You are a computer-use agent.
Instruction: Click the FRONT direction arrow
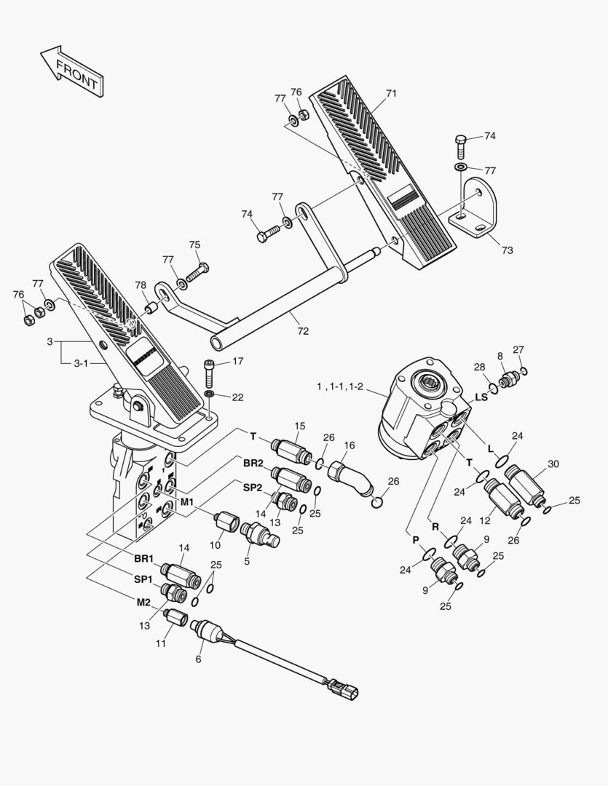tap(71, 71)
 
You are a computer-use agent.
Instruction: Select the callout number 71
tap(391, 94)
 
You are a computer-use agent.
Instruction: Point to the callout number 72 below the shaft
tap(303, 331)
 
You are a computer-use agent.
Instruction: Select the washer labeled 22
tap(210, 394)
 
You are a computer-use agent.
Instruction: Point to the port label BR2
tap(253, 463)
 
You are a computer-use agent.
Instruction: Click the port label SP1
tap(143, 579)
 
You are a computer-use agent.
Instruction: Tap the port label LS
tap(481, 397)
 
